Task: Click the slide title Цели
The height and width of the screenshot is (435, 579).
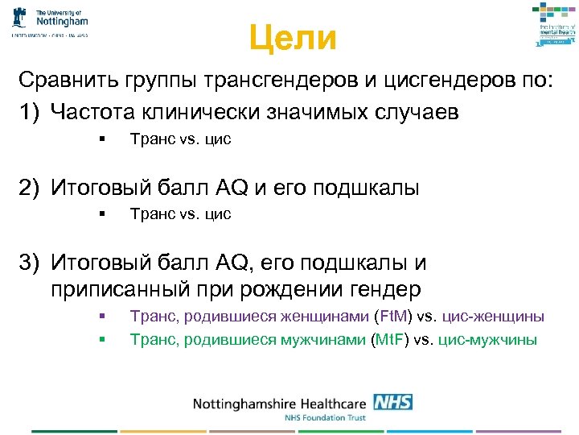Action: (x=292, y=37)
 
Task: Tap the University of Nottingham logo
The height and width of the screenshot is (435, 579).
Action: (x=50, y=22)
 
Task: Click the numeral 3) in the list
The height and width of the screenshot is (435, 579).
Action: (x=31, y=263)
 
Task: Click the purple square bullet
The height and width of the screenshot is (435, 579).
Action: (x=103, y=316)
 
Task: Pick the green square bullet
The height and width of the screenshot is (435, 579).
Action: (x=103, y=339)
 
